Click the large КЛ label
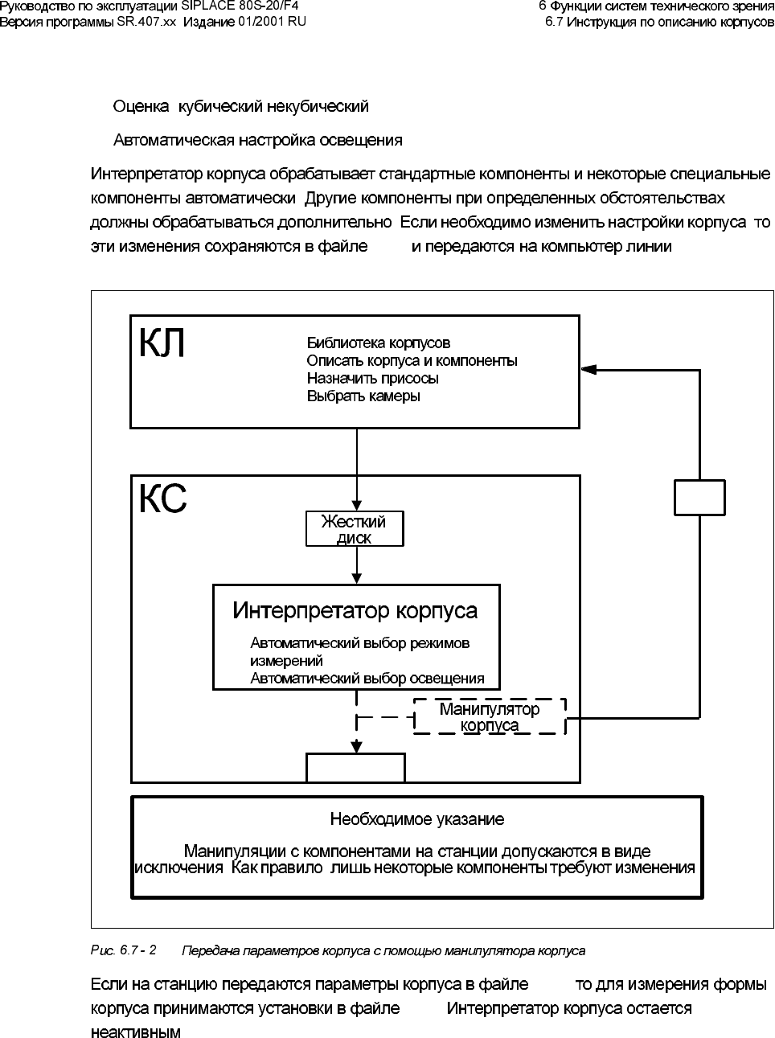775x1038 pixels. [163, 343]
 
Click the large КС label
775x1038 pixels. [163, 499]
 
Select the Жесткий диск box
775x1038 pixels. [355, 529]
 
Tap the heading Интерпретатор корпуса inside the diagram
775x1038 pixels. [355, 611]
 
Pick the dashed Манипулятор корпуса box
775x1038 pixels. [490, 716]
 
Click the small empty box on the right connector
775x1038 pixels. [699, 497]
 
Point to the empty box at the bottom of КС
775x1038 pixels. [355, 768]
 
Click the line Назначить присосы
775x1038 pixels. [373, 378]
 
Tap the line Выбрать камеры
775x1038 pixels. [363, 396]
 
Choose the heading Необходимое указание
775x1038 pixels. [417, 819]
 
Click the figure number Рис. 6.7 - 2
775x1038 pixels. [124, 950]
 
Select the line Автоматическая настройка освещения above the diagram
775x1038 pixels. [257, 140]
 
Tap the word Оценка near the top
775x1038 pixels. [141, 106]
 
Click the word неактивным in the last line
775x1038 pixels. [135, 1032]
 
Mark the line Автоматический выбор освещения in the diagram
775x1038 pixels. [367, 679]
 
